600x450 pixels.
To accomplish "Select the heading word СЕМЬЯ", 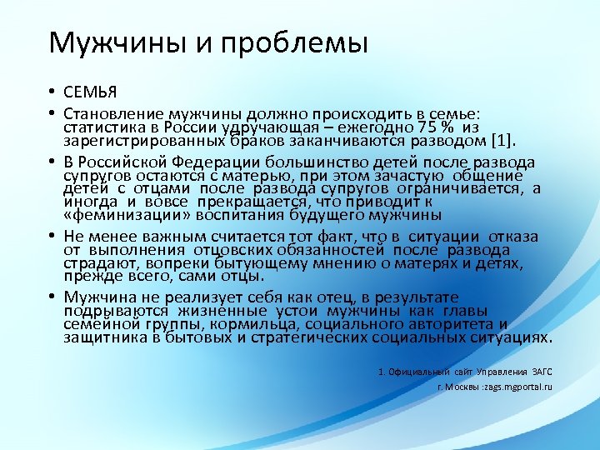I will pos(89,92).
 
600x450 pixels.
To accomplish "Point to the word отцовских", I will pos(230,250).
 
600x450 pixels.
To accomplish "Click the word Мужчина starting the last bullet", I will pos(99,297).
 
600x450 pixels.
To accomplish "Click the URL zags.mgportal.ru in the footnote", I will pos(515,387).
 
